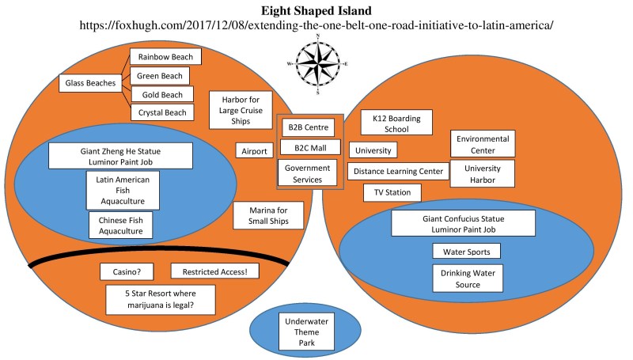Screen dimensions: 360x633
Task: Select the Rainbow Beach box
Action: [x=165, y=57]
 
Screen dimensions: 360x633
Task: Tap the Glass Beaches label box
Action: [x=90, y=82]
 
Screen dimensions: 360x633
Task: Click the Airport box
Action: [x=254, y=150]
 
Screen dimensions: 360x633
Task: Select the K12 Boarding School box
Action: [x=396, y=123]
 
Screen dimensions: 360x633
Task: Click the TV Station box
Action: [x=392, y=192]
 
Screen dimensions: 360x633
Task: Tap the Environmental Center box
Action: [x=482, y=144]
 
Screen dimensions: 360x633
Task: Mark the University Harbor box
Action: [x=482, y=174]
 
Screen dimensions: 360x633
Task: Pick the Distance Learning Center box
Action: [x=399, y=171]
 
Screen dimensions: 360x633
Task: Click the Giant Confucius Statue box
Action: [x=459, y=222]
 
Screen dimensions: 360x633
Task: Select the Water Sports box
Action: [x=466, y=252]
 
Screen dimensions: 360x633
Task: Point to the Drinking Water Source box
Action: [x=468, y=279]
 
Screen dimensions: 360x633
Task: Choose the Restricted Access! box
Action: [x=214, y=271]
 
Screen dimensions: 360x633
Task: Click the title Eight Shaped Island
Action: [x=316, y=11]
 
